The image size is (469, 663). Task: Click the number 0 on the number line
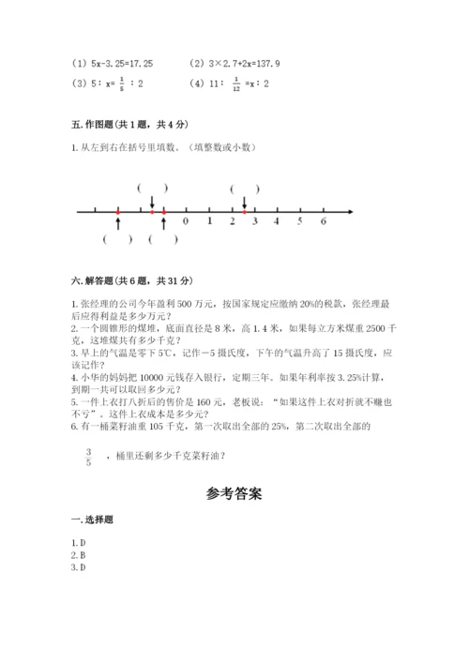186,222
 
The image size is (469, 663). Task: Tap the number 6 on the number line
323,222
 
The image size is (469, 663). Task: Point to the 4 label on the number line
277,222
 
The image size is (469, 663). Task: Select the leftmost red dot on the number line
118,213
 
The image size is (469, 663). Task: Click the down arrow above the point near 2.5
244,203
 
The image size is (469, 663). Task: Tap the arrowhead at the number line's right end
350,213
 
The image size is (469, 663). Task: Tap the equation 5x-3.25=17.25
113,64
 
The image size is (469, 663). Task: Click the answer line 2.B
79,555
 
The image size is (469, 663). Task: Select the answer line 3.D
79,567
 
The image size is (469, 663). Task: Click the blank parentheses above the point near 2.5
244,188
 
